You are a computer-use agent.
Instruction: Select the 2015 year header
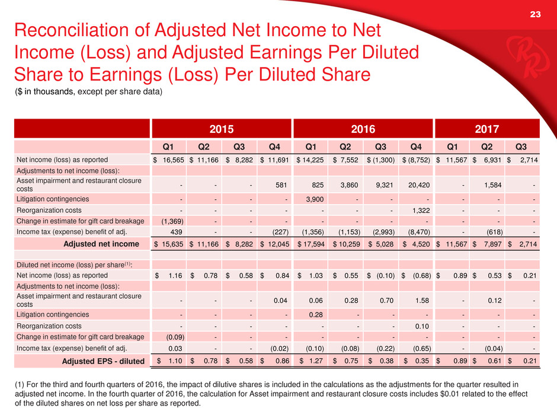[x=221, y=129]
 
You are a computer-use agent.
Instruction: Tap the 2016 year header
[x=363, y=129]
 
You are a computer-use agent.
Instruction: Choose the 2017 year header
[x=486, y=129]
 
